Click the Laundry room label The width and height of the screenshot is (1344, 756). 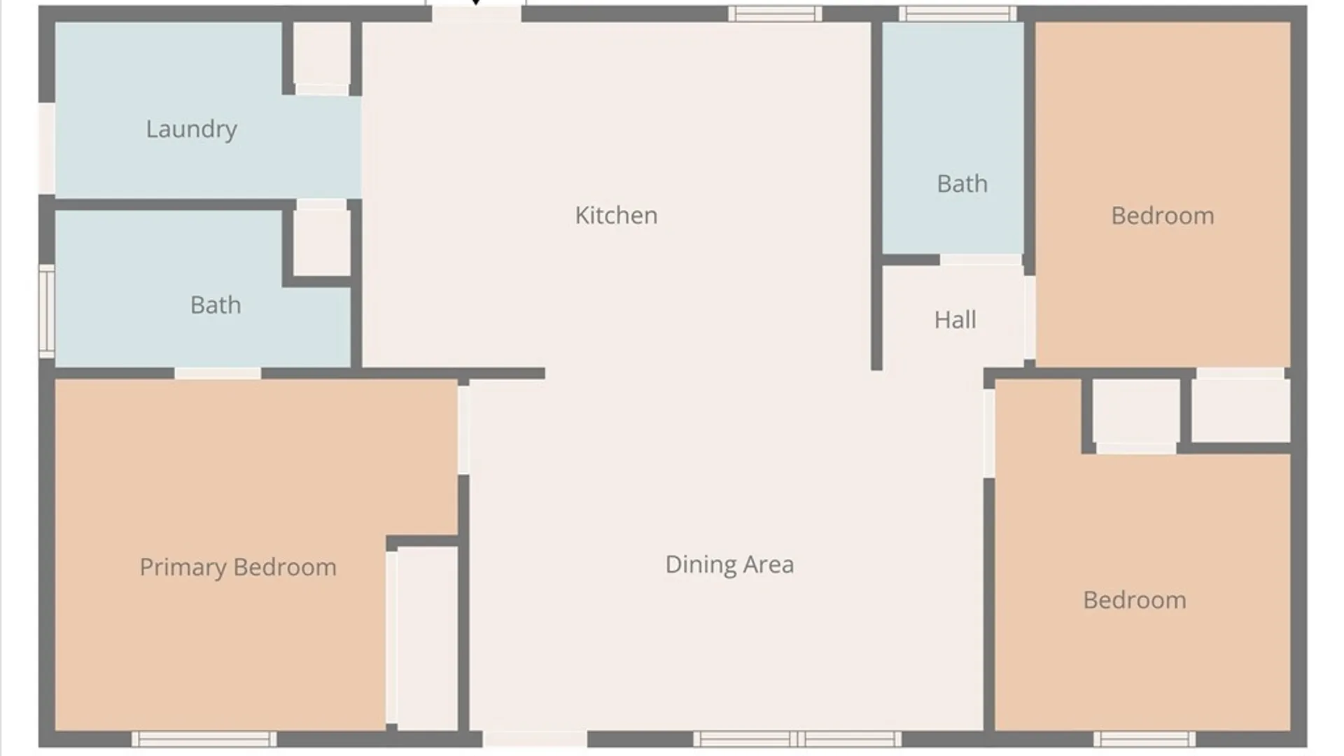[191, 129]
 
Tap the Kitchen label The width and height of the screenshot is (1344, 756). [616, 215]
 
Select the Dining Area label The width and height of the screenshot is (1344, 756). [729, 564]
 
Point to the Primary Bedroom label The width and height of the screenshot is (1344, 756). [238, 567]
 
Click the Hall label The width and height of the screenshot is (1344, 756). [955, 320]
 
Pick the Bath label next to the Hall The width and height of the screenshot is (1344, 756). [962, 183]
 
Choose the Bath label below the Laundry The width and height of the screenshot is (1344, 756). [216, 304]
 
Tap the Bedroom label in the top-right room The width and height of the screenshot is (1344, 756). [1163, 216]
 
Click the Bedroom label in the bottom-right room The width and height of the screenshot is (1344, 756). [1135, 600]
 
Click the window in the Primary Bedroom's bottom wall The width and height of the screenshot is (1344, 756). [204, 739]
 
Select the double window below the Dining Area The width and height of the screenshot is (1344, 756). [797, 739]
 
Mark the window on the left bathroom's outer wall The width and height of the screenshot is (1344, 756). [46, 311]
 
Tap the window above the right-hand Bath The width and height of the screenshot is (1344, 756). [958, 13]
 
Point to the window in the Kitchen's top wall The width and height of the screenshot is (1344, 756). [775, 13]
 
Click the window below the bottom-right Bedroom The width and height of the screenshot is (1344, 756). [1145, 739]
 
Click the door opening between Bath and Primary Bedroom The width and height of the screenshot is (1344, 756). [218, 374]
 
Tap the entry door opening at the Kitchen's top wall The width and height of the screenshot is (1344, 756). [476, 13]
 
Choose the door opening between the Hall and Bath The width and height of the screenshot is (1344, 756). [981, 260]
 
